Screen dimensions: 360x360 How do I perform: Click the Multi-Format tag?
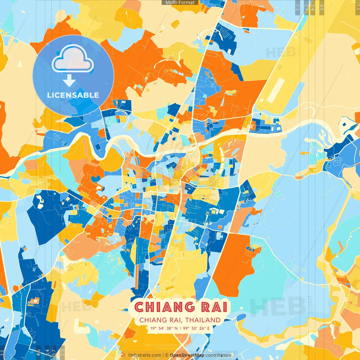pyautogui.click(x=180, y=3)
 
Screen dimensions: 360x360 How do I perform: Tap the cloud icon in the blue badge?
pyautogui.click(x=73, y=59)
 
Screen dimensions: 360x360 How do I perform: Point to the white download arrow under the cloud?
pyautogui.click(x=69, y=80)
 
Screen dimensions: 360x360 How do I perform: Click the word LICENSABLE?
pyautogui.click(x=73, y=95)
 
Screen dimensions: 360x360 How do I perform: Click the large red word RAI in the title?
pyautogui.click(x=214, y=307)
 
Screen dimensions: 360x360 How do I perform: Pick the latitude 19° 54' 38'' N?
pyautogui.click(x=164, y=328)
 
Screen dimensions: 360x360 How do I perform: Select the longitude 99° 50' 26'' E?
pyautogui.click(x=196, y=328)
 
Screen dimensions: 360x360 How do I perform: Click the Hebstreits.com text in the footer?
pyautogui.click(x=145, y=355)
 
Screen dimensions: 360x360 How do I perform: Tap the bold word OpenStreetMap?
pyautogui.click(x=187, y=355)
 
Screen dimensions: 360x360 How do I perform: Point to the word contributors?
pyautogui.click(x=219, y=355)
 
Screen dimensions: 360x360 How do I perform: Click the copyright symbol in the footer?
pyautogui.click(x=166, y=355)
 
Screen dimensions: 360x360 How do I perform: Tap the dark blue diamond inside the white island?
pyautogui.click(x=344, y=123)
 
